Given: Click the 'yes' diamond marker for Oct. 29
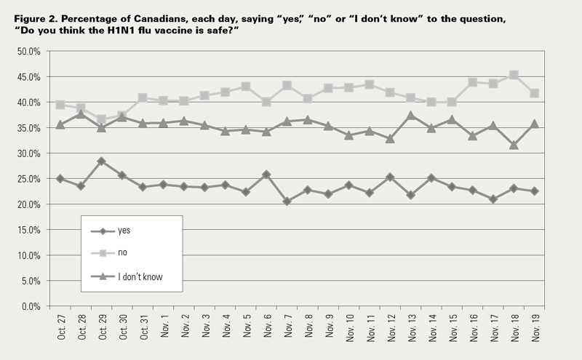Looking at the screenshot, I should tap(101, 161).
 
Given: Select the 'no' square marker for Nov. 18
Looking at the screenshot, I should tap(514, 75).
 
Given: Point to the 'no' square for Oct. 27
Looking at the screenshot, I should tap(60, 105).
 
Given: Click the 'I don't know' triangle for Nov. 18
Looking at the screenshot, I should tap(514, 145).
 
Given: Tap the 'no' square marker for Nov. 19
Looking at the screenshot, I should tap(534, 93).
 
